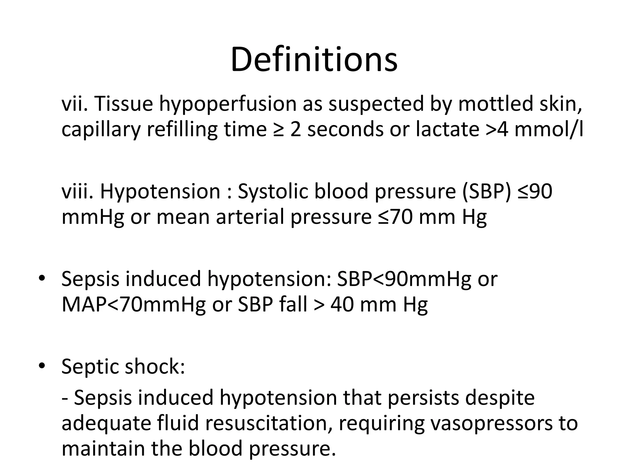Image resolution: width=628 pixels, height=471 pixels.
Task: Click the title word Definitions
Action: pyautogui.click(x=314, y=59)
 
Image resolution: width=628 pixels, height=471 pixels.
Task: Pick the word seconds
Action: pyautogui.click(x=345, y=129)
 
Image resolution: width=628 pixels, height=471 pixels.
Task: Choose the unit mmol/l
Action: pyautogui.click(x=549, y=129)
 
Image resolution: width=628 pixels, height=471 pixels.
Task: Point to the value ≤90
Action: pyautogui.click(x=535, y=191)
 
